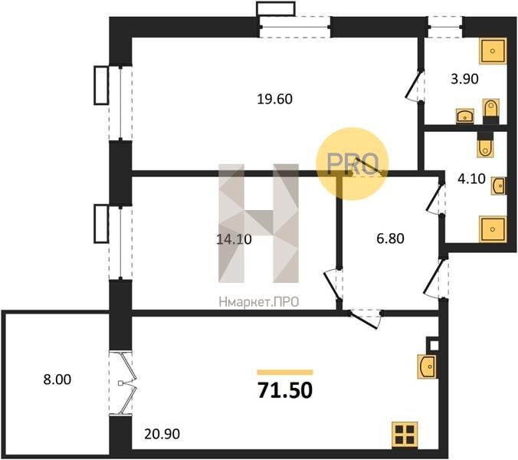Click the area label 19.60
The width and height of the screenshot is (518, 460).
(274, 99)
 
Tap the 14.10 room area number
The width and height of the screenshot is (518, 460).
(234, 239)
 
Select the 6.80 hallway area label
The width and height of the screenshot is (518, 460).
(390, 238)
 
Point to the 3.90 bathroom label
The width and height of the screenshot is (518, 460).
(464, 79)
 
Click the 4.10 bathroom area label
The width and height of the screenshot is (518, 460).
(471, 179)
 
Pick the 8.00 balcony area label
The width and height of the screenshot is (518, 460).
(57, 379)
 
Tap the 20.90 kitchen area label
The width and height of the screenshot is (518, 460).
(162, 434)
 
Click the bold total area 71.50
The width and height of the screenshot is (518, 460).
(285, 390)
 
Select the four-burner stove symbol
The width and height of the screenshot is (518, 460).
(405, 435)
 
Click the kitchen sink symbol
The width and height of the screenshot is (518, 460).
(427, 366)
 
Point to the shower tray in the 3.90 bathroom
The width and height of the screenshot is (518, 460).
(493, 51)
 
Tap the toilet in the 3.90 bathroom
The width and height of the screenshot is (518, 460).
(490, 110)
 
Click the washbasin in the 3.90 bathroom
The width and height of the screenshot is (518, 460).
(465, 116)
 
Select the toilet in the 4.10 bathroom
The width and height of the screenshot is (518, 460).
(485, 145)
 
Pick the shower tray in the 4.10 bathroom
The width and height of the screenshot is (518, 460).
(493, 229)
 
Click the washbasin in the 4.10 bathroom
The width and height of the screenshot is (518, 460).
(499, 186)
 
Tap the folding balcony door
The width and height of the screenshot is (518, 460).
(127, 383)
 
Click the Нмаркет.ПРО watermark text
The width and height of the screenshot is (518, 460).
(259, 302)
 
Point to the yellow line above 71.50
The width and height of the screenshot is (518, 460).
(285, 373)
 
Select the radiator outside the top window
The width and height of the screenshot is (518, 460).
(276, 9)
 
